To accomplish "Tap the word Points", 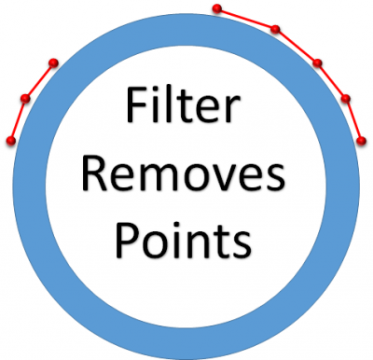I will [x=183, y=238].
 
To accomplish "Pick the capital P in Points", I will [x=126, y=238].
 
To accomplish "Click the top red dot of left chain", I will [x=53, y=63].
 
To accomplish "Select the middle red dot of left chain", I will [x=25, y=98].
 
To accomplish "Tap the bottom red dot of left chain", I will [x=10, y=141].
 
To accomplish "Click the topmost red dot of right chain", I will [x=216, y=9].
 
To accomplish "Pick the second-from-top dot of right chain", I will [x=275, y=29].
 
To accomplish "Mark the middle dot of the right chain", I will [x=317, y=63].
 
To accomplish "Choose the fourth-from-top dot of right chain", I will [x=345, y=98].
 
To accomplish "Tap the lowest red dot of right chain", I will [x=362, y=141].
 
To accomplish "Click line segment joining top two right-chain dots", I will [x=245, y=19].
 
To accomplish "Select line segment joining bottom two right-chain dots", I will [x=353, y=119].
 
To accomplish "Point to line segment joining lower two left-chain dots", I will [x=18, y=119].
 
